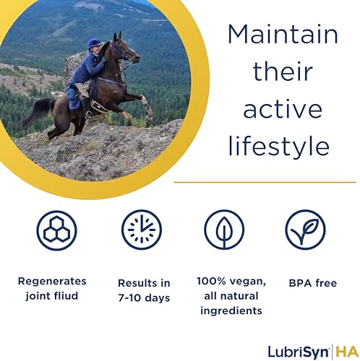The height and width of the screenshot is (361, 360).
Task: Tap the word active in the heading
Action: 283,109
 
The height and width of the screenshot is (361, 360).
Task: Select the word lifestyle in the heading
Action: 278,146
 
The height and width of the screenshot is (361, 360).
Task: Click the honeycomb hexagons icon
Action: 57,230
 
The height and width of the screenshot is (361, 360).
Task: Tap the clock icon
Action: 142,230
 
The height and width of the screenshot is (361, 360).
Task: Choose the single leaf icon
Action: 224,230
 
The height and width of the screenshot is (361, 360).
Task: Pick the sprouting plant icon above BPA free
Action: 305,230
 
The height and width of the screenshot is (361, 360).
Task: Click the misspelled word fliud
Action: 66,295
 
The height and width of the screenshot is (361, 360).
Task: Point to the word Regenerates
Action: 52,281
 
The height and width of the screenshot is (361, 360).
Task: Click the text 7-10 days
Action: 144,298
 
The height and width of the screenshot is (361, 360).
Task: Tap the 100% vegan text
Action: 231,281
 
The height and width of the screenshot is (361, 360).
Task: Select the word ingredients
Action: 231,310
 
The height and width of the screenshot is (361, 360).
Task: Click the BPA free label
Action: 313,283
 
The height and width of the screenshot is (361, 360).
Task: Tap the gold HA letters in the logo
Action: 347,352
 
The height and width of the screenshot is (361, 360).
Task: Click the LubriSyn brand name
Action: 299,352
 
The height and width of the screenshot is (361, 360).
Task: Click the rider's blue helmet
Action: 95,44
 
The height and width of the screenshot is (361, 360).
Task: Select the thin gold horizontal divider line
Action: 265,182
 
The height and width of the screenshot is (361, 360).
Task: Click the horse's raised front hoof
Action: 150,113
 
